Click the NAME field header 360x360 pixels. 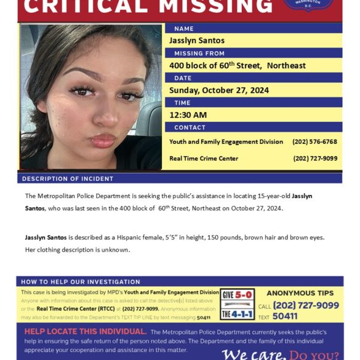(x=183, y=29)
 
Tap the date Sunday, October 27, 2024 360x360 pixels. (x=219, y=90)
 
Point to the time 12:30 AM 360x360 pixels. (x=188, y=115)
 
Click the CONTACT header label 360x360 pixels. (x=190, y=127)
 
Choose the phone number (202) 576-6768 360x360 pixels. (x=314, y=142)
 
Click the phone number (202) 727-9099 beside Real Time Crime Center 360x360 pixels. (x=315, y=159)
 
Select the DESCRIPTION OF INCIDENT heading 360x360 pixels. (x=68, y=178)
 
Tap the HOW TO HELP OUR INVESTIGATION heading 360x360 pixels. (x=81, y=282)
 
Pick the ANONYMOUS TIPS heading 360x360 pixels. (x=300, y=294)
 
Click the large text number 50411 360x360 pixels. (x=285, y=316)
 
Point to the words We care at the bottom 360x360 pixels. (x=254, y=354)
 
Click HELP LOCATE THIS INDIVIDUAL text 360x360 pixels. (x=85, y=331)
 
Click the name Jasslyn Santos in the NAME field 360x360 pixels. (x=197, y=41)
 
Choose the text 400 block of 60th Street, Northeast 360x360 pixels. (x=238, y=65)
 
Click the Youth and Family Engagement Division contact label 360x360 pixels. (x=226, y=142)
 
